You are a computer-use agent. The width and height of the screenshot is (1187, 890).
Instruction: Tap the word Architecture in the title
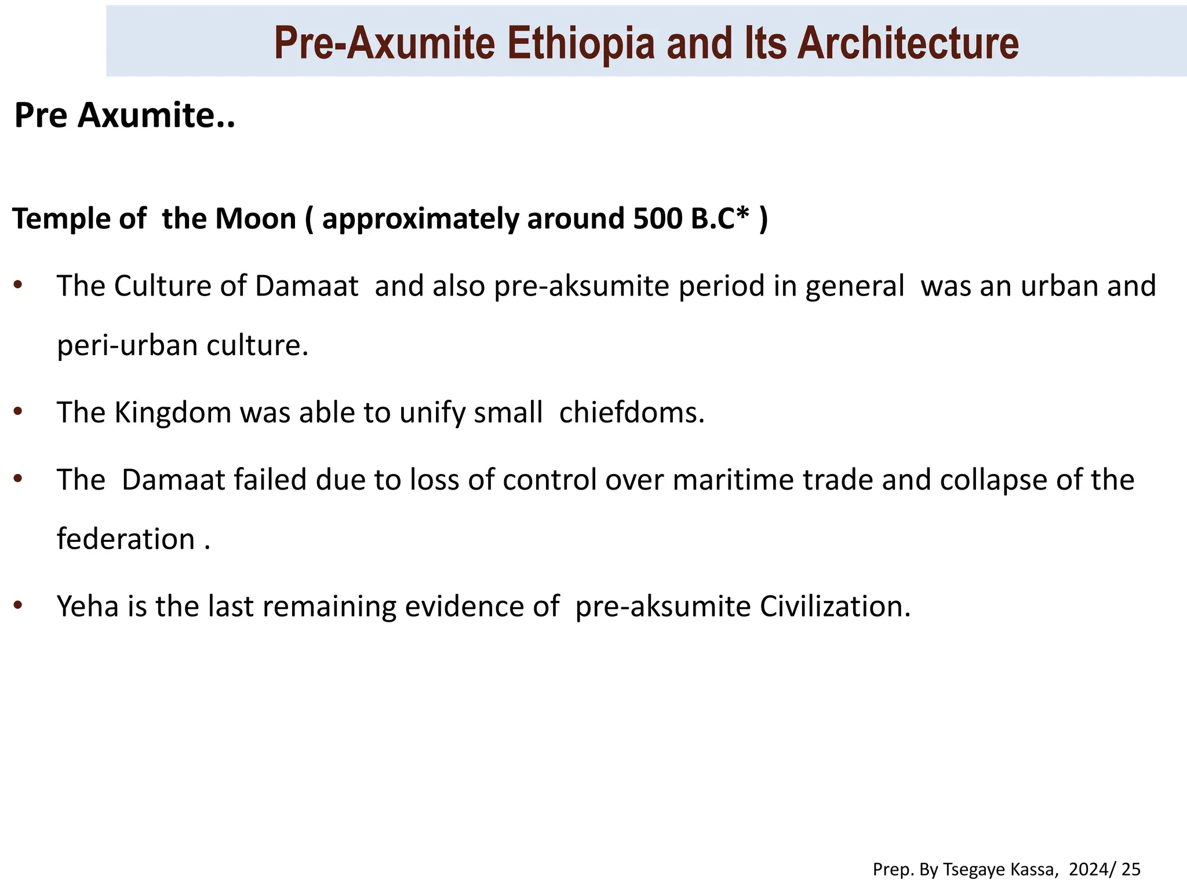tap(908, 43)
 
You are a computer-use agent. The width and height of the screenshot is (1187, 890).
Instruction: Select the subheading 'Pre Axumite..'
tap(125, 115)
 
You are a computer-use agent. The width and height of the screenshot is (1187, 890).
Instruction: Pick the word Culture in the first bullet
tap(180, 286)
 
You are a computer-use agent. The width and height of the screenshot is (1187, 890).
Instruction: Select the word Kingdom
tap(173, 413)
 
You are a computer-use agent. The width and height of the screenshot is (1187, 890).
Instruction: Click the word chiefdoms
tap(632, 413)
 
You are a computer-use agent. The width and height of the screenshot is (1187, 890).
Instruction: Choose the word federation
tap(126, 539)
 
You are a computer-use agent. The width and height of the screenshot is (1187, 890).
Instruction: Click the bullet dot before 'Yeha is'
tap(18, 606)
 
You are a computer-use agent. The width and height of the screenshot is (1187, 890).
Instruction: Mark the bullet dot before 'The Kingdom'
tap(18, 411)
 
